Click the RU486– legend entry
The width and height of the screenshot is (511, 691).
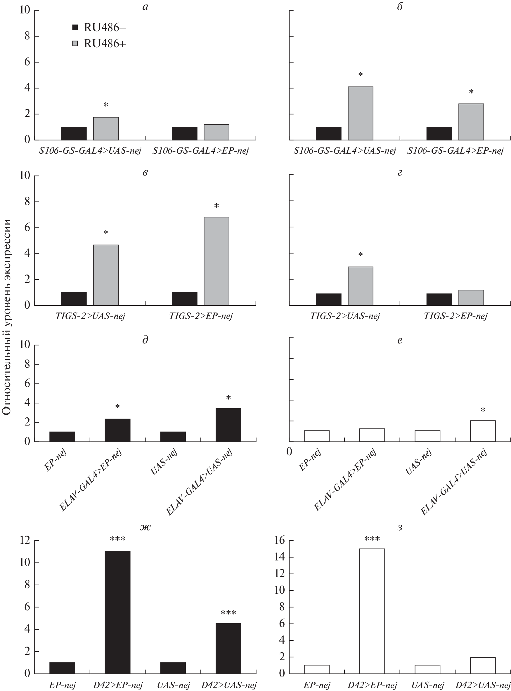99,28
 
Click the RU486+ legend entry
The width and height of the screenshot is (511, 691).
99,44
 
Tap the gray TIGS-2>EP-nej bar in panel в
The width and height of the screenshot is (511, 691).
216,261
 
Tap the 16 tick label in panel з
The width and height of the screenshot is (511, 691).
279,540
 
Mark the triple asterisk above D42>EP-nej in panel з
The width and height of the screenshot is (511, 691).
372,539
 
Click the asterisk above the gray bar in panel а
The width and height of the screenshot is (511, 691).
106,105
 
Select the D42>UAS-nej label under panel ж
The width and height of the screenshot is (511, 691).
229,685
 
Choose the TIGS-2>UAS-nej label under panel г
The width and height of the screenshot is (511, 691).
345,316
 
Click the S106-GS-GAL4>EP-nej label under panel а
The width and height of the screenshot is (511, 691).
200,151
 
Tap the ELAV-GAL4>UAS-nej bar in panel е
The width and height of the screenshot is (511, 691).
483,431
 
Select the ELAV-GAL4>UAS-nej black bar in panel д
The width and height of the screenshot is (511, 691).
228,425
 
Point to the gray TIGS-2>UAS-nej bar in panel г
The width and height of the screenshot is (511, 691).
360,286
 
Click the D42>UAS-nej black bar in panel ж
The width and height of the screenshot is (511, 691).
228,649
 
